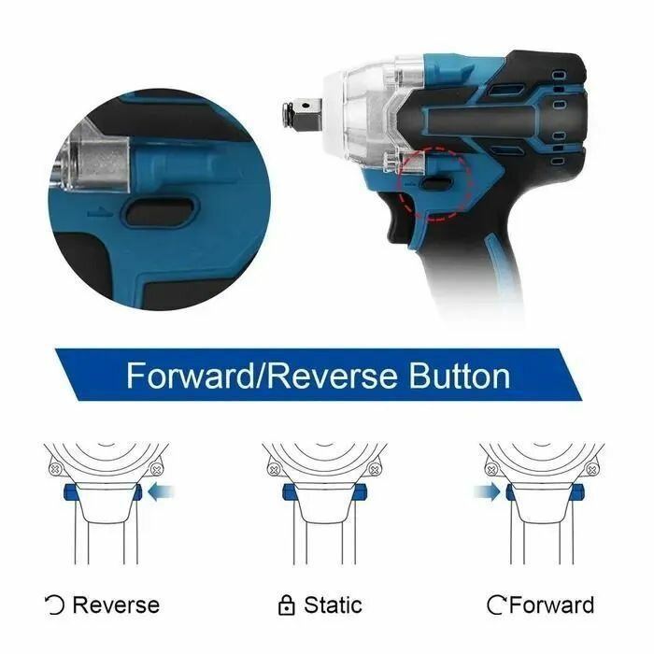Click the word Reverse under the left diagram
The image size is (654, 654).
[x=116, y=605]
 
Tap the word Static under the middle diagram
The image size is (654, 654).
[x=333, y=604]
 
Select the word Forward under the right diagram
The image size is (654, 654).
[x=551, y=604]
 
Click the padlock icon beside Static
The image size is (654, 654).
[x=286, y=605]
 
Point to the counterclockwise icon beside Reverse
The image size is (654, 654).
[x=54, y=605]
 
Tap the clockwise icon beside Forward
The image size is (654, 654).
[x=496, y=605]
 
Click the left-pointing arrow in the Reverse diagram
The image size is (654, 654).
[x=161, y=492]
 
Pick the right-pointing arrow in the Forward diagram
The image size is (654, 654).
[x=487, y=492]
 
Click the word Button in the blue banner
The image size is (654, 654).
[x=460, y=376]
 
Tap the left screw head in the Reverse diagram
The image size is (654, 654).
[x=55, y=470]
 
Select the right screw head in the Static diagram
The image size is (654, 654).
[x=374, y=470]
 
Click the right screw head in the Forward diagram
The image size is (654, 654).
[x=591, y=470]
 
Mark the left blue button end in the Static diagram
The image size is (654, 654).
[x=288, y=492]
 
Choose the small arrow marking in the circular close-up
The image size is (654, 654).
[x=100, y=213]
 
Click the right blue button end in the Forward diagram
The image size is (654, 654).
[x=577, y=492]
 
